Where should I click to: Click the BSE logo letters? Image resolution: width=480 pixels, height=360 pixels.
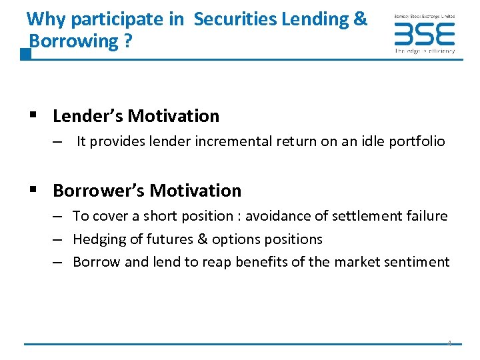coord(424,33)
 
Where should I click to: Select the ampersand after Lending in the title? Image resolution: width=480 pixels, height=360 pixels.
coord(361,19)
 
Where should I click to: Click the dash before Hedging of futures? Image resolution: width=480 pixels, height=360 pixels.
coord(59,239)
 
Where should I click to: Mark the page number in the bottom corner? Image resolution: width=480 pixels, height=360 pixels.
coord(449,343)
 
